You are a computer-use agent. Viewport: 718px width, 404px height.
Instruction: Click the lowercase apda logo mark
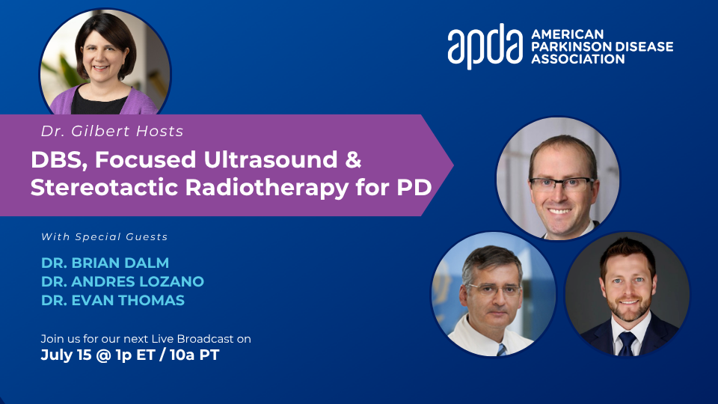485,46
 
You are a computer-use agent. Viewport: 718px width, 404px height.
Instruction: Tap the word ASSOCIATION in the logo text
578,59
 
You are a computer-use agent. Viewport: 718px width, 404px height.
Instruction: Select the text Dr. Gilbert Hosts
112,132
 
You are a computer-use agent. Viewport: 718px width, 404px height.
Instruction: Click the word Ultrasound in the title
271,159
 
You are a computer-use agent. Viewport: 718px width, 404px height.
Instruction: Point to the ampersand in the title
353,159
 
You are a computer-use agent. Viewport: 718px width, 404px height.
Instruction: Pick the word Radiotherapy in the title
266,188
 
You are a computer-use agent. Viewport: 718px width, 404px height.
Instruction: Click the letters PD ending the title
414,187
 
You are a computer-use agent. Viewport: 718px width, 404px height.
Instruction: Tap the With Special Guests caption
105,237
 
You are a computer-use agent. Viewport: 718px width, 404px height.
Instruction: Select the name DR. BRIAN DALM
105,263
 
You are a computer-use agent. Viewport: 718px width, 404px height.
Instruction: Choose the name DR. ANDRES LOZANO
122,282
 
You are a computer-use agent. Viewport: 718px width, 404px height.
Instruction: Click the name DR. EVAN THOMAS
113,301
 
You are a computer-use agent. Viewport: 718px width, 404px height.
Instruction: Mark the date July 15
66,355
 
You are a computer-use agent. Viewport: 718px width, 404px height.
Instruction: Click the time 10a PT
194,355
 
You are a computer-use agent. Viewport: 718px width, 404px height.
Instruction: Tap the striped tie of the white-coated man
502,350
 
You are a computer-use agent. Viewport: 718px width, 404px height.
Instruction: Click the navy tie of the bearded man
627,343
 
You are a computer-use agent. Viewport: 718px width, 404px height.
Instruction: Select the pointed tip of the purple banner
453,165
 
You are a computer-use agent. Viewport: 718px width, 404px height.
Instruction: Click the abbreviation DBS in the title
58,160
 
